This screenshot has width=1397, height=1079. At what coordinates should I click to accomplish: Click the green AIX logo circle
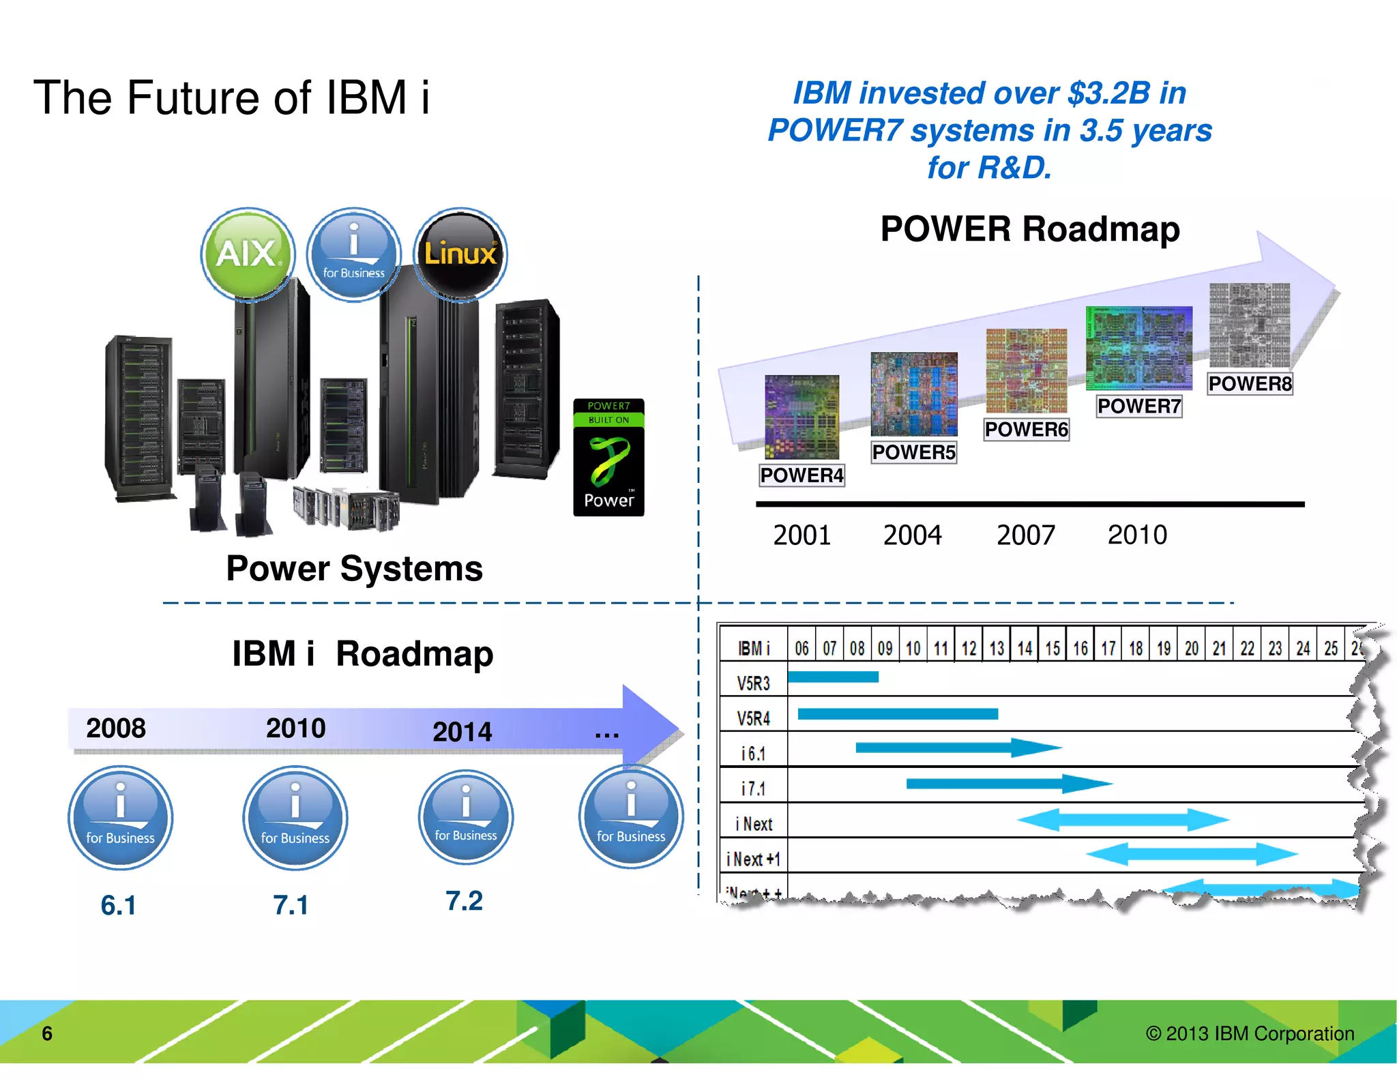(248, 254)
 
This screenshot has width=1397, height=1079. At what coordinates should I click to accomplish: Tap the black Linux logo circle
(460, 254)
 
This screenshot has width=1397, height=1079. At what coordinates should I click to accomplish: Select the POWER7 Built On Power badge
(608, 457)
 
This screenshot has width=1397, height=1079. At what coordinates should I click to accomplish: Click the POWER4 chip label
(802, 475)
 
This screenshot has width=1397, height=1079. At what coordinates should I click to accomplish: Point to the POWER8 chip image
(1249, 325)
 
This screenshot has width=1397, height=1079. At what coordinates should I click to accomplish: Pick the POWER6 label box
(1026, 429)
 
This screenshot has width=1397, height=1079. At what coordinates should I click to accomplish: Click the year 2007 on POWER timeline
(1025, 535)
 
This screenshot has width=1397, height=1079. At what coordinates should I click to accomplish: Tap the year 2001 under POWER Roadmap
(802, 535)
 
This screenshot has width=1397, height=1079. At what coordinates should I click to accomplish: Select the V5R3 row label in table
(753, 683)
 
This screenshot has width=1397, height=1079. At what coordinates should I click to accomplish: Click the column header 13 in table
(997, 648)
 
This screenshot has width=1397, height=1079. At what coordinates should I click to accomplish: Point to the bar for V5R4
(897, 713)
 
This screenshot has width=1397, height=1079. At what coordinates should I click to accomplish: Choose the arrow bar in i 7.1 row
(1008, 783)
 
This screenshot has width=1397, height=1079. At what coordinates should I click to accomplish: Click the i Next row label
(754, 824)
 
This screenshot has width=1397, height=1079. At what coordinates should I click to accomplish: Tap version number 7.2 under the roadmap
(464, 901)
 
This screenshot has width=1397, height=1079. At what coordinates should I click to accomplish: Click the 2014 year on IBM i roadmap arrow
(462, 732)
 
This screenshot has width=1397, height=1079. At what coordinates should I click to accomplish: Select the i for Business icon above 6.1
(120, 817)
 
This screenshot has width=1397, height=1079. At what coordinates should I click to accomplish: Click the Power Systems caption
(354, 568)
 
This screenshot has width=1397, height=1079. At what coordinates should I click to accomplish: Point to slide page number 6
(47, 1033)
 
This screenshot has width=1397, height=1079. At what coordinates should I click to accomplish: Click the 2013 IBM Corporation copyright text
(1250, 1033)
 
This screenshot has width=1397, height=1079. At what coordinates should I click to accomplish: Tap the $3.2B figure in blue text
(1108, 93)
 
